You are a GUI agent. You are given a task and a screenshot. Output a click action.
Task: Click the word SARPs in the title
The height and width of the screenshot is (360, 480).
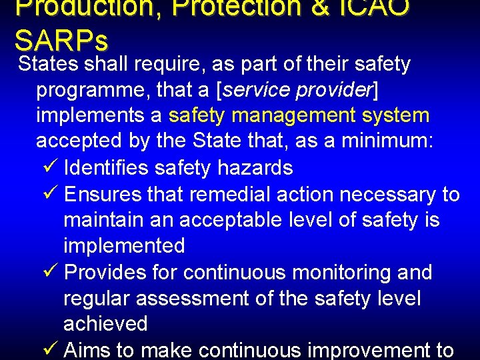click(61, 41)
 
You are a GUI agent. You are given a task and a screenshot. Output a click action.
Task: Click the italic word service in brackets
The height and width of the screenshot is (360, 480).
click(261, 90)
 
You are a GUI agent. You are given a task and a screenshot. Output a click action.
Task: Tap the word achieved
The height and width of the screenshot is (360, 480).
click(105, 324)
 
